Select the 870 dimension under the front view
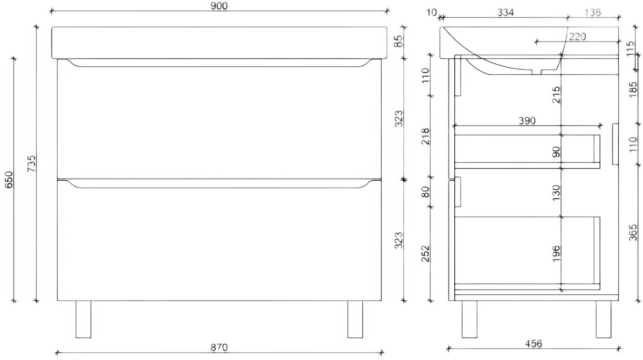tap(219, 347)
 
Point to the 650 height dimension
tap(9, 180)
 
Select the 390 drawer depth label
tap(527, 120)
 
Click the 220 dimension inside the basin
tap(577, 36)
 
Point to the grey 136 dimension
tap(592, 12)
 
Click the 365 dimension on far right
tap(632, 232)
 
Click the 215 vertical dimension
tap(557, 95)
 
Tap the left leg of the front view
tap(83, 319)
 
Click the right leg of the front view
tap(355, 319)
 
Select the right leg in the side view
tap(603, 319)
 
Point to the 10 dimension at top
tap(432, 12)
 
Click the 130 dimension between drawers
tap(557, 192)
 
